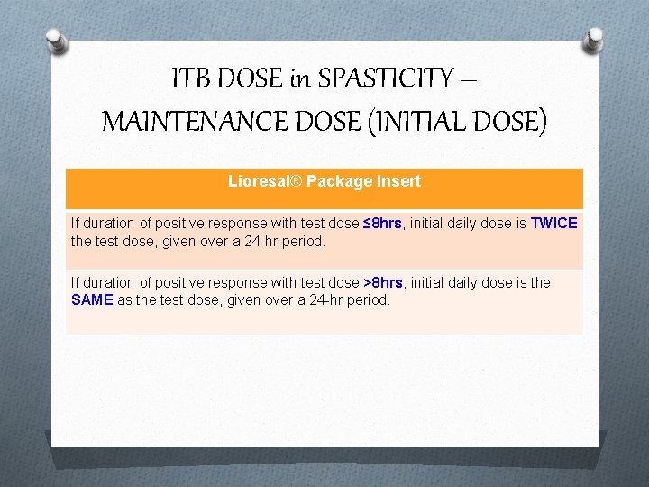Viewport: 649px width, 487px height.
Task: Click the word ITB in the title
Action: [190, 79]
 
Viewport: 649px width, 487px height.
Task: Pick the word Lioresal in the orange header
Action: [257, 181]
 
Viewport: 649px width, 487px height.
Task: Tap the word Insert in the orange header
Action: [399, 181]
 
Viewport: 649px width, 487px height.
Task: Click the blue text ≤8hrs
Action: [382, 223]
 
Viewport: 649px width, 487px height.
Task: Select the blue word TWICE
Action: [554, 223]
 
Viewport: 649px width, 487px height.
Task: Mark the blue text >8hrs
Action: [382, 282]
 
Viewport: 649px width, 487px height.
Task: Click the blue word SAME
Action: [91, 299]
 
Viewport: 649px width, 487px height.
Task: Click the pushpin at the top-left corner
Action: [56, 41]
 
